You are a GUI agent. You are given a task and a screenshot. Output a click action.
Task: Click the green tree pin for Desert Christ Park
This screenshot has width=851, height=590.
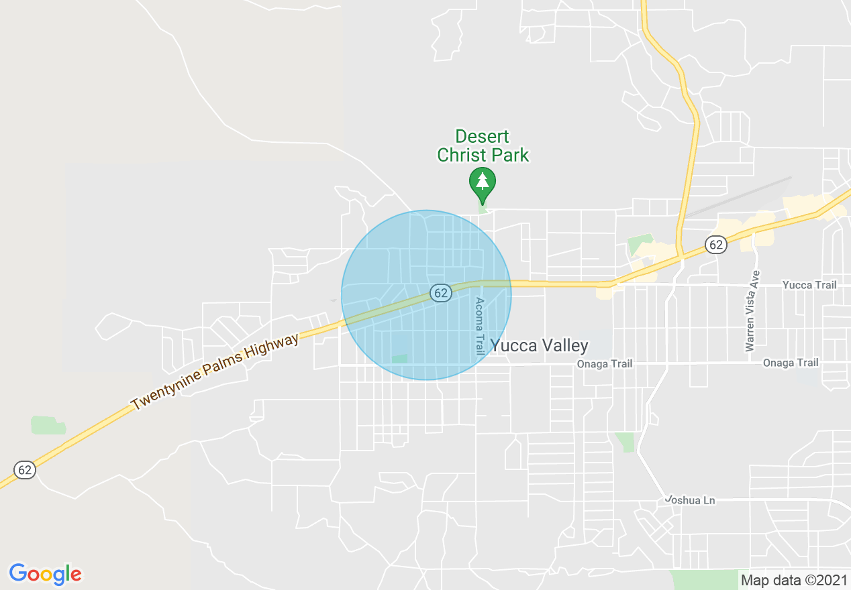tap(482, 182)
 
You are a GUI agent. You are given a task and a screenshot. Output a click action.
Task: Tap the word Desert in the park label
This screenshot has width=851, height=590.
tap(482, 137)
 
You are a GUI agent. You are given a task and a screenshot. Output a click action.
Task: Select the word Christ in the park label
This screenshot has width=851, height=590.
tap(460, 156)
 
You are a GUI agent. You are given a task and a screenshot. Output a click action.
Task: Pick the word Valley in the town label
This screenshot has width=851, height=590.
tap(566, 345)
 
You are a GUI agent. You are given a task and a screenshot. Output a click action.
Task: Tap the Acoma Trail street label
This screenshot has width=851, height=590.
tap(479, 326)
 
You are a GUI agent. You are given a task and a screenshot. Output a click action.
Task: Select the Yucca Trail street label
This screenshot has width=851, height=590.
tap(809, 285)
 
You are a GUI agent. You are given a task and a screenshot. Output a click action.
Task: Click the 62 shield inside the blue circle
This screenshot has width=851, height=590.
tap(440, 292)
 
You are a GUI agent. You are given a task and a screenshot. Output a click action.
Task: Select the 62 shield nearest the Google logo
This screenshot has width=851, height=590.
tap(25, 469)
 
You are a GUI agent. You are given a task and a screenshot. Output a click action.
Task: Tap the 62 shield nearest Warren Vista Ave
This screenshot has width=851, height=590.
tap(716, 245)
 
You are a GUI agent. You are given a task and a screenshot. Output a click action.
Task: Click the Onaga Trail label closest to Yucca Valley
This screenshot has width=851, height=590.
tap(605, 364)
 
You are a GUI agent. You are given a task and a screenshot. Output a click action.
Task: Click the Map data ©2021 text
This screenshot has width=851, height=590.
tap(794, 580)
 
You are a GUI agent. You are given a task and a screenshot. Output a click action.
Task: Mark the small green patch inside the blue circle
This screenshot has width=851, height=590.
tap(399, 359)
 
